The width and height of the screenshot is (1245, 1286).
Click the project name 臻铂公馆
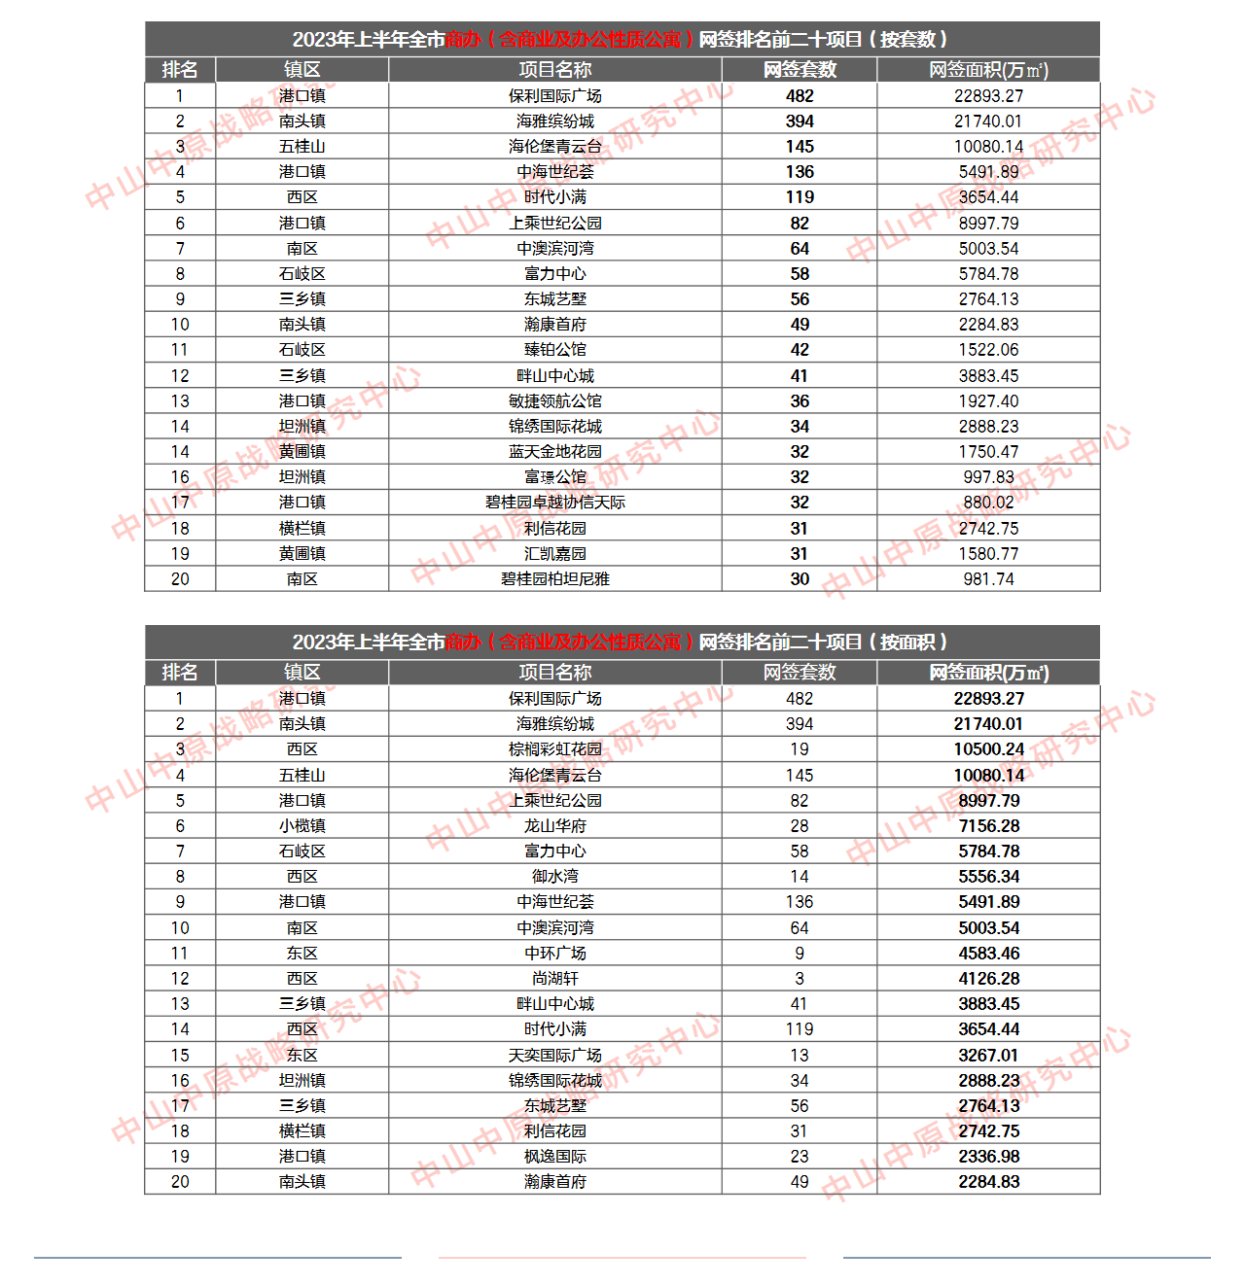(x=554, y=350)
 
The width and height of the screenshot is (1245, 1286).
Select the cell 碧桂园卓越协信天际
(x=554, y=503)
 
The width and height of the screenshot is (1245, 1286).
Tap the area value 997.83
(x=988, y=477)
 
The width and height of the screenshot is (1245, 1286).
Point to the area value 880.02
(x=988, y=503)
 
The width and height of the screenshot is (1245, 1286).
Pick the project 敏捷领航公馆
(x=554, y=401)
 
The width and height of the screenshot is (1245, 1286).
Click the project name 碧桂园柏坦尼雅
(x=554, y=579)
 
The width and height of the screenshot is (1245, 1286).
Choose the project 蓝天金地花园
(x=554, y=452)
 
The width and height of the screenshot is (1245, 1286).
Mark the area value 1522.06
(x=988, y=350)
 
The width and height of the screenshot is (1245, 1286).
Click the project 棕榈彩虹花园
(x=554, y=749)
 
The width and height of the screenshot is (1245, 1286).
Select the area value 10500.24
(x=988, y=749)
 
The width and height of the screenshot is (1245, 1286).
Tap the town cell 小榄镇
(x=302, y=826)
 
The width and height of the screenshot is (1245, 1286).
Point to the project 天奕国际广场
(x=554, y=1056)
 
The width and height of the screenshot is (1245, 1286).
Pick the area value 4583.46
(x=988, y=954)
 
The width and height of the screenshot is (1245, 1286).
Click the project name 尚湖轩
(x=554, y=979)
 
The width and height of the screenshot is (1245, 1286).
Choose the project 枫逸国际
(x=554, y=1157)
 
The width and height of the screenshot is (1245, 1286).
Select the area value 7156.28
(x=988, y=826)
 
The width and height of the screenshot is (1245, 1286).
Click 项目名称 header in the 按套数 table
(x=554, y=70)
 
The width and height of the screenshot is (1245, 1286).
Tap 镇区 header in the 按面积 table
(x=302, y=673)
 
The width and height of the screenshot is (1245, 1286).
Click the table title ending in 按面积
(x=621, y=643)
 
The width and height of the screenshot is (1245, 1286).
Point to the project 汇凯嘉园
(x=554, y=554)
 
